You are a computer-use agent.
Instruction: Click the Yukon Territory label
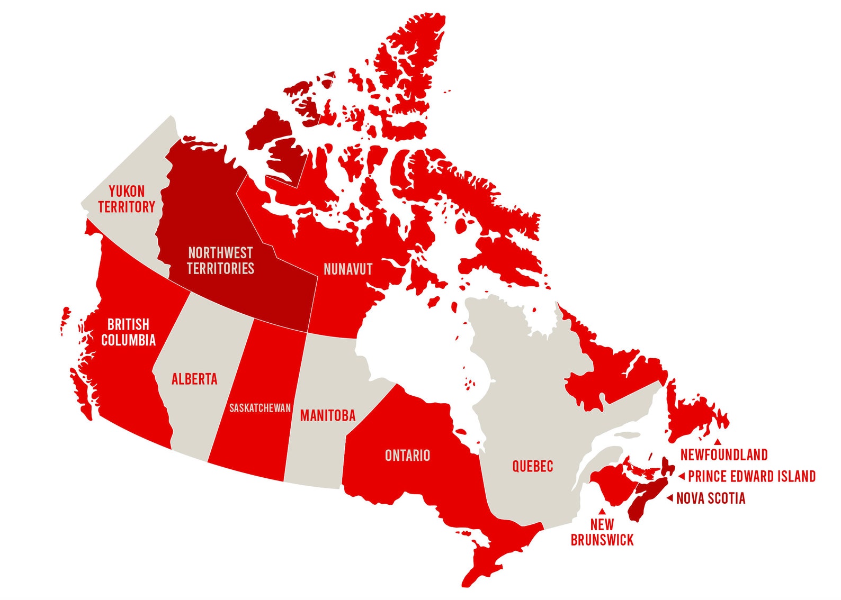click(x=127, y=199)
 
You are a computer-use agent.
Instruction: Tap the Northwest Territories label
click(x=220, y=260)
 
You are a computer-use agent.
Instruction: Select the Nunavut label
click(x=348, y=269)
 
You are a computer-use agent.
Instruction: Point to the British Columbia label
click(x=128, y=332)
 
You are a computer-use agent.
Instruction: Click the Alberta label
click(x=194, y=379)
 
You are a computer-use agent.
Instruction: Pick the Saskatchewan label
click(x=260, y=408)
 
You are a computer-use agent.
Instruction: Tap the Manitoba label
click(x=327, y=416)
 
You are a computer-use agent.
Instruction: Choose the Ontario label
click(x=407, y=456)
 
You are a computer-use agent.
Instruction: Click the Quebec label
click(x=532, y=466)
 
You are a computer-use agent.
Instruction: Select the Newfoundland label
click(x=723, y=454)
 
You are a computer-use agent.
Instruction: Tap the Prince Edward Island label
click(x=751, y=476)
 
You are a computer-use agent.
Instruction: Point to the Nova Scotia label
click(x=711, y=498)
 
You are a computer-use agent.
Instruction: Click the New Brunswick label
click(x=602, y=532)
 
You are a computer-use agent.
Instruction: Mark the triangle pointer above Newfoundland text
click(x=717, y=442)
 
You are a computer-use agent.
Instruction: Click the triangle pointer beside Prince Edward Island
click(x=682, y=477)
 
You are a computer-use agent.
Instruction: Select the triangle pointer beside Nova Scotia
click(x=669, y=498)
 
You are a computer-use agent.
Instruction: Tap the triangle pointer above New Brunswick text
click(x=602, y=512)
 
